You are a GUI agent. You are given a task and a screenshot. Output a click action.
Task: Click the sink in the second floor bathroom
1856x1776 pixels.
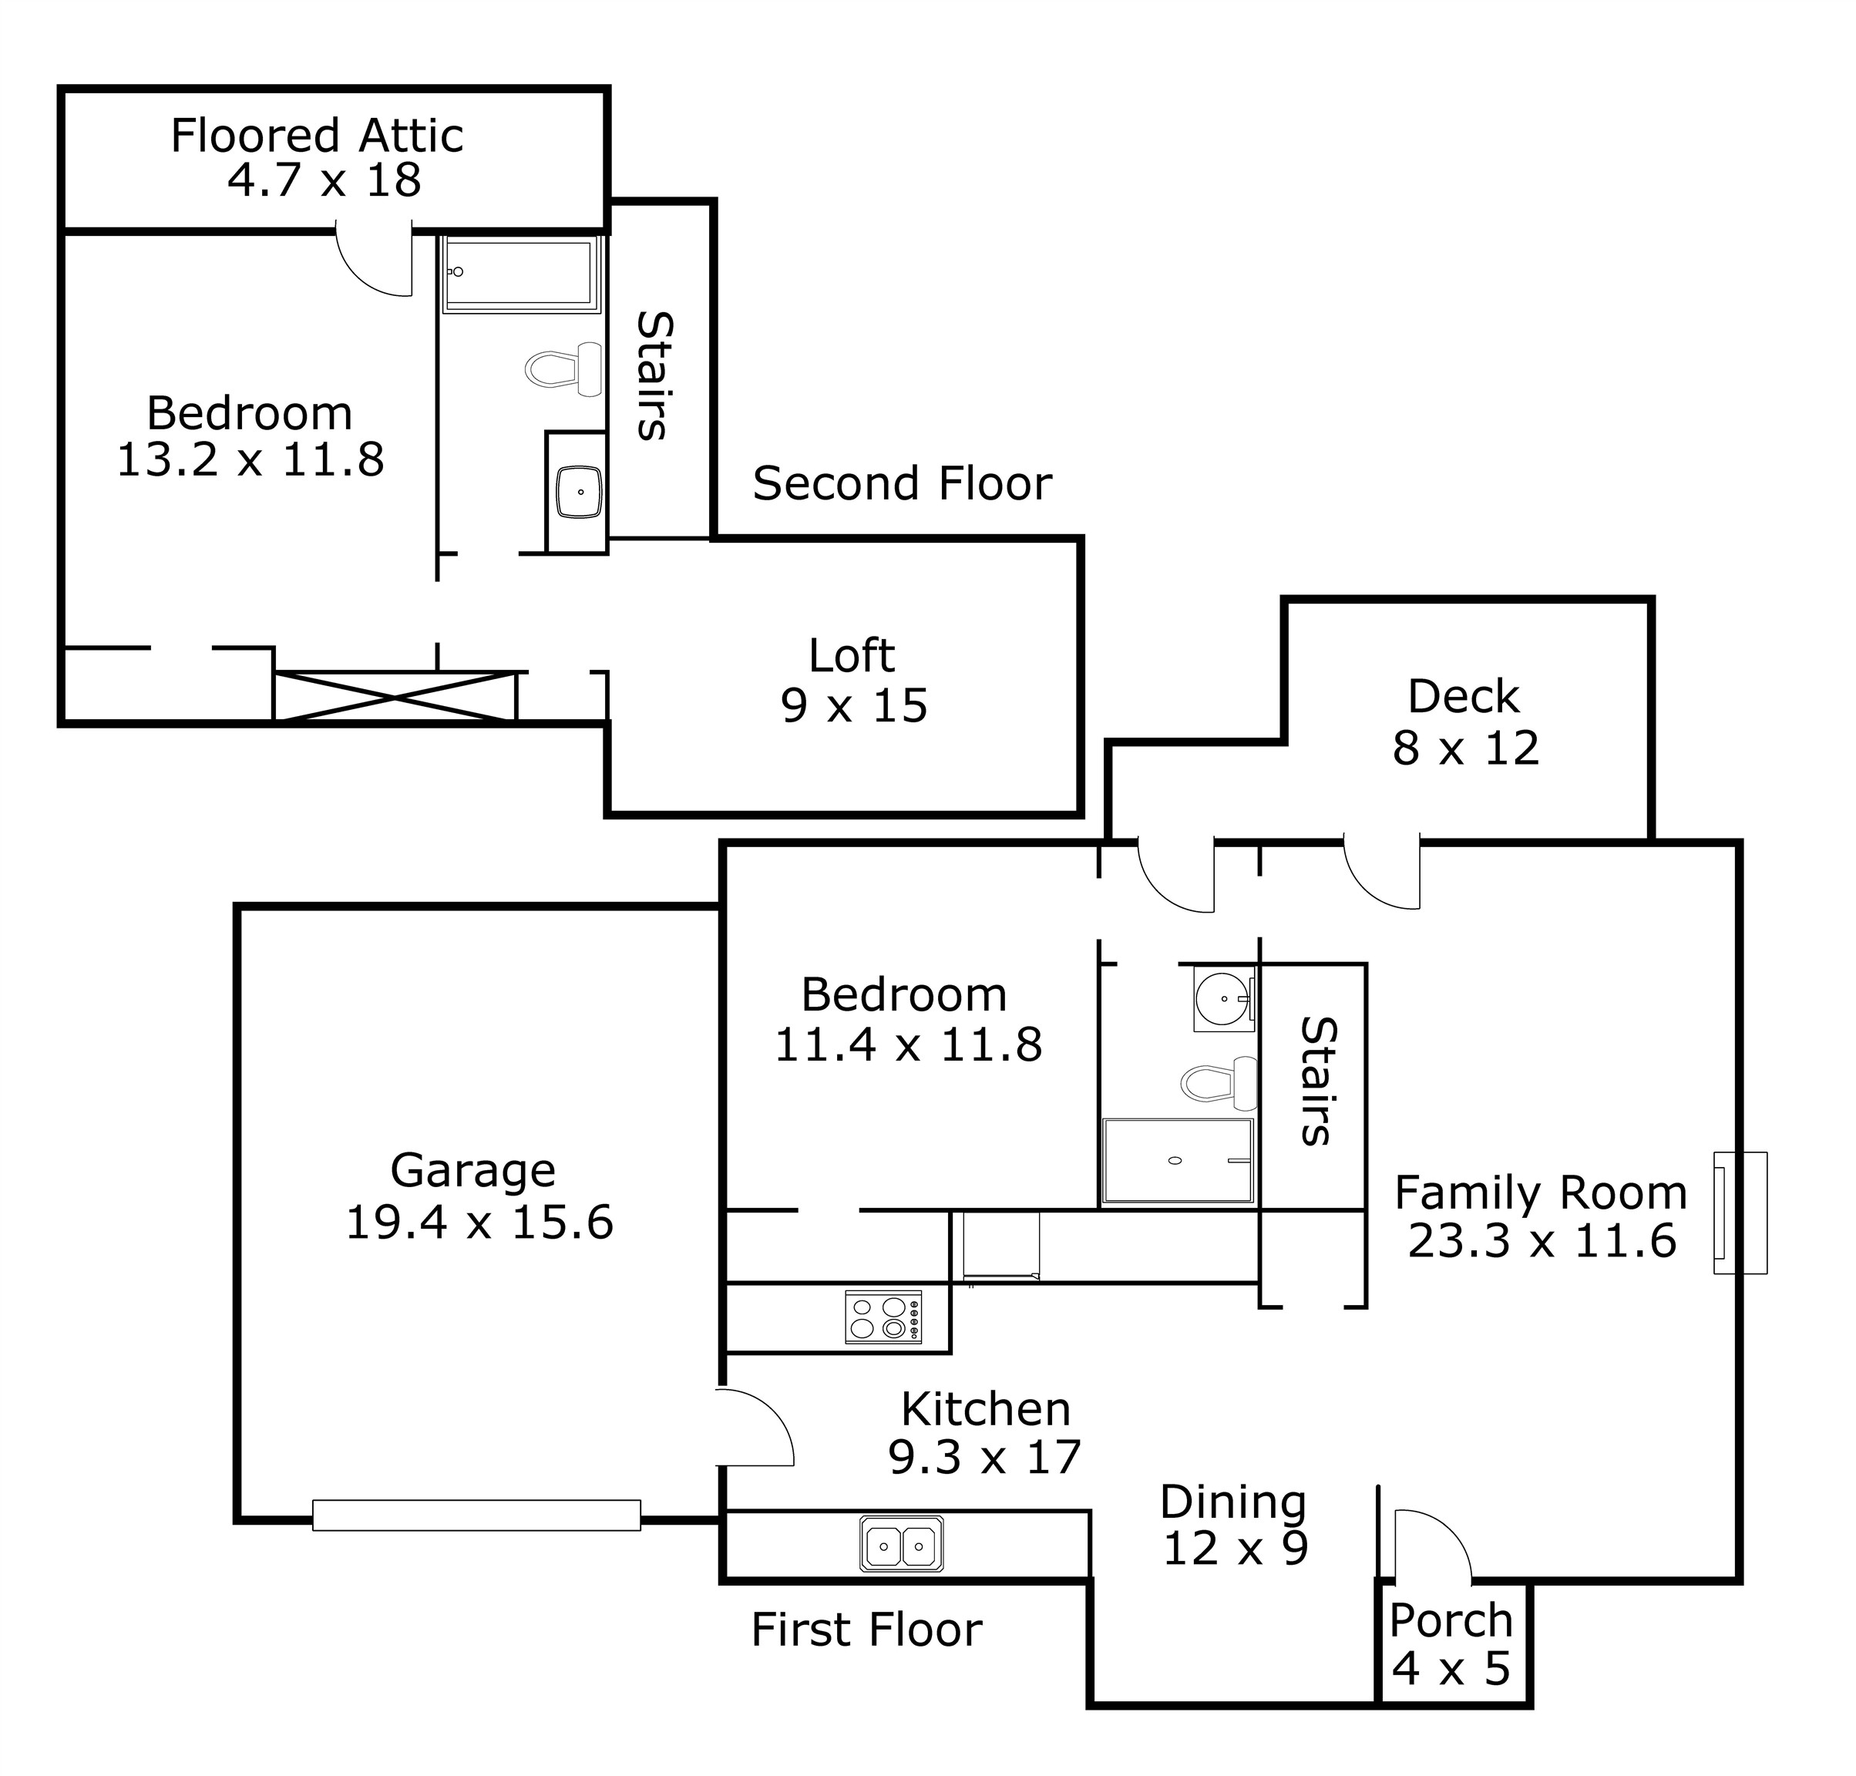click(x=578, y=491)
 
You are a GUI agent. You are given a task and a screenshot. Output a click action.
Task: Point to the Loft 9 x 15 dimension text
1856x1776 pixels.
click(x=854, y=706)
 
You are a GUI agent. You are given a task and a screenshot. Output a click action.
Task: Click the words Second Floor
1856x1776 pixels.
click(x=901, y=484)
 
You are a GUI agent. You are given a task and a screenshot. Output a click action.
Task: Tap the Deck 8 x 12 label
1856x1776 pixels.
click(x=1464, y=721)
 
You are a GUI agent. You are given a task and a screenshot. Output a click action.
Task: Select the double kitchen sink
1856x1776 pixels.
click(x=901, y=1546)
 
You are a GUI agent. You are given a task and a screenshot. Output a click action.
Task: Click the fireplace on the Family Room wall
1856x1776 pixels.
click(x=1740, y=1212)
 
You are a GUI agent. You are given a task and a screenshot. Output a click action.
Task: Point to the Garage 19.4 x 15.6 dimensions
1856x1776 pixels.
click(x=479, y=1223)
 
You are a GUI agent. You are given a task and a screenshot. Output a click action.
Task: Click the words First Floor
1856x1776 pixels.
click(x=866, y=1630)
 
